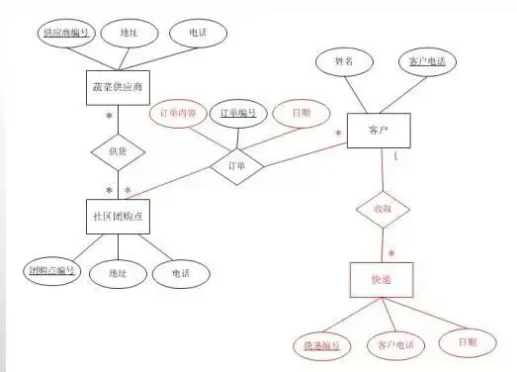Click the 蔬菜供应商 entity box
[120, 88]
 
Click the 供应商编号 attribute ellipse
[67, 33]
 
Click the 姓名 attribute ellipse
[343, 61]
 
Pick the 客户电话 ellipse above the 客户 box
[427, 61]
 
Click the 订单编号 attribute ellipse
[239, 113]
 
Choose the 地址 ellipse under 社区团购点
[115, 272]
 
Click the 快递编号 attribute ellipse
[320, 345]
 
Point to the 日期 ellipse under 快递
[465, 342]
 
